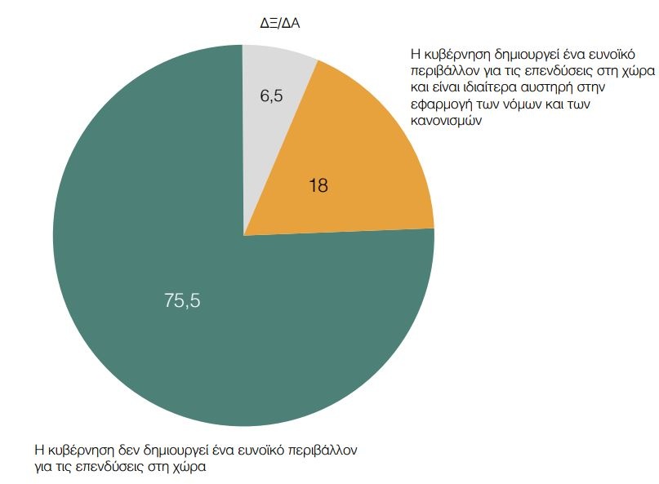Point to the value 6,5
271,96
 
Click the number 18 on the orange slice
318,186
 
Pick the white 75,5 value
182,300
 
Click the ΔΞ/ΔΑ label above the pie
280,23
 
